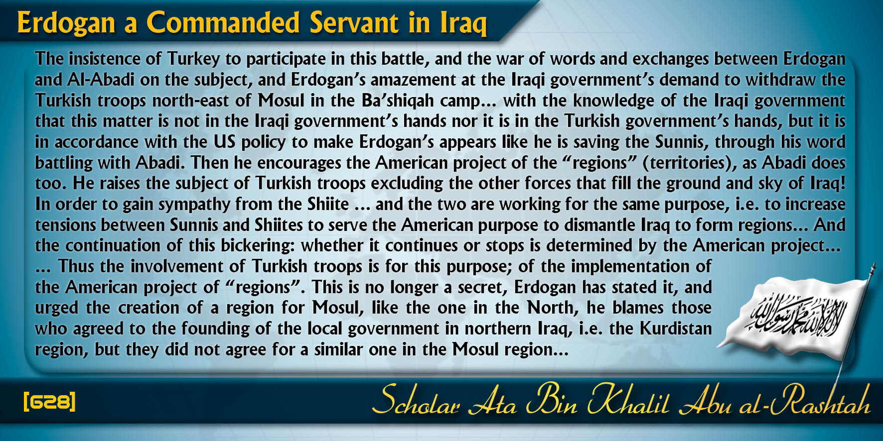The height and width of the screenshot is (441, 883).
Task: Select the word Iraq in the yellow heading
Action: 463,24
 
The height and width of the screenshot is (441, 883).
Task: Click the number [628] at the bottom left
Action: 49,401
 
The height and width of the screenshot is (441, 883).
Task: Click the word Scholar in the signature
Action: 416,401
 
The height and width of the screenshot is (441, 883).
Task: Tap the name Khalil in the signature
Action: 628,401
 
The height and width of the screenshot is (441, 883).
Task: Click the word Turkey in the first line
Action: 193,59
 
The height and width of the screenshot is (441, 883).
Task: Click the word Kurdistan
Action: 676,329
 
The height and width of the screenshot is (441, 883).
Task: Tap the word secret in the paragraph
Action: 481,288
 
